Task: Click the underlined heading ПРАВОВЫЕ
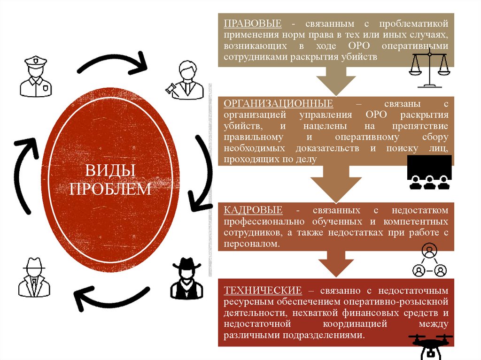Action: pos(252,23)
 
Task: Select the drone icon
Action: pos(430,345)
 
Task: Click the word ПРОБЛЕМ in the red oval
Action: pos(110,189)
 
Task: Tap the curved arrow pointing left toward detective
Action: pos(110,299)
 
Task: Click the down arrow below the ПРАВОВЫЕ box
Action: pos(334,81)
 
